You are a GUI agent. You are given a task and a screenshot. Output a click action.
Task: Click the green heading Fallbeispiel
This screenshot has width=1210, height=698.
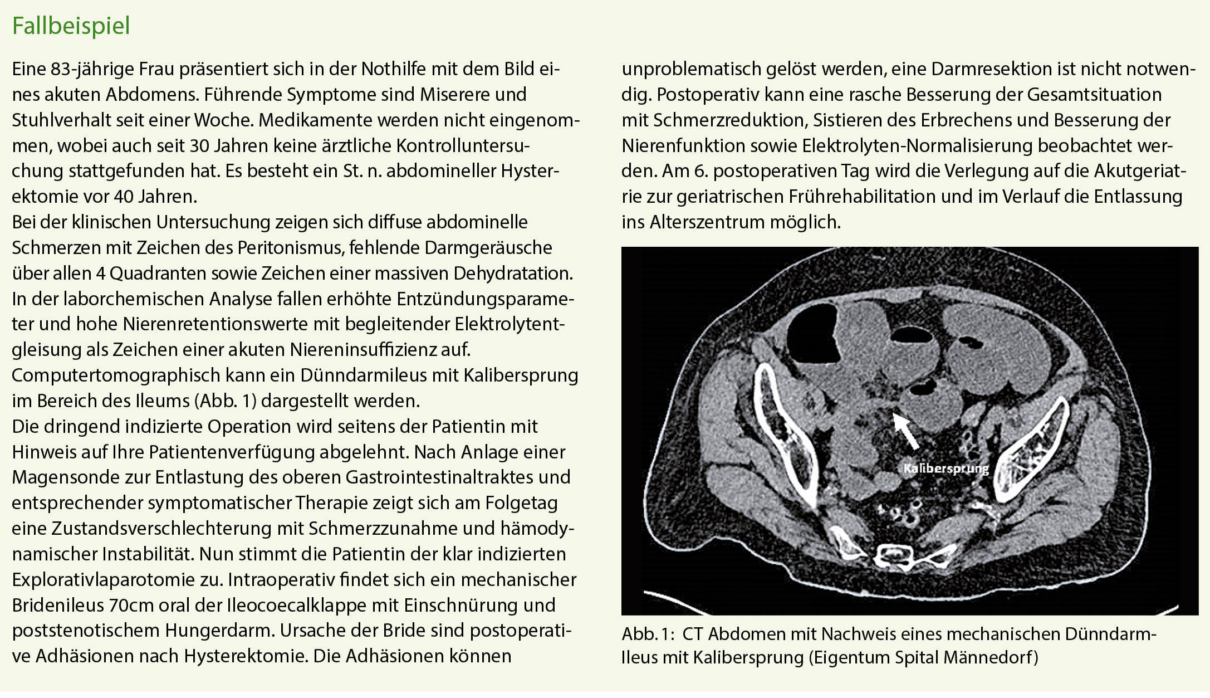(x=71, y=26)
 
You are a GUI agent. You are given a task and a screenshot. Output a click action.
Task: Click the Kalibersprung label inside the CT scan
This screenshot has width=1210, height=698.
(x=946, y=468)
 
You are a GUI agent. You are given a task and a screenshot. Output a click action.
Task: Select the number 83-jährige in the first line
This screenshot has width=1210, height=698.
(x=92, y=69)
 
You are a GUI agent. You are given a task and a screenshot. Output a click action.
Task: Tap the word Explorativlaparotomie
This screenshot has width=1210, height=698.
(x=116, y=579)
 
